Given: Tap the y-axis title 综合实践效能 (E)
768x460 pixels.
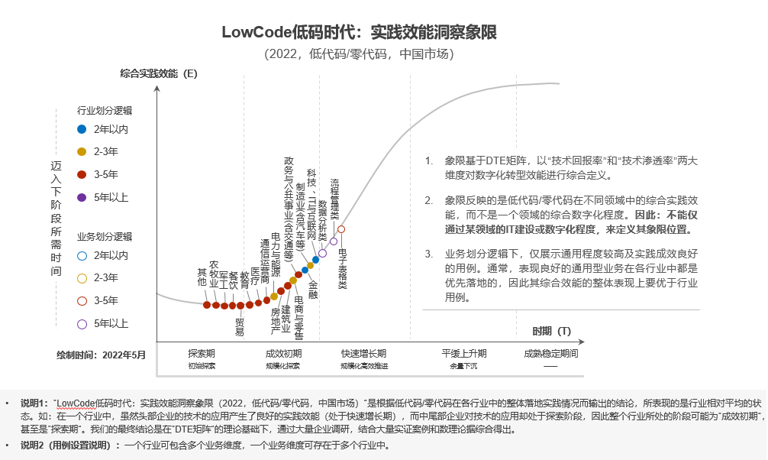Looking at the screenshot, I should click(159, 73).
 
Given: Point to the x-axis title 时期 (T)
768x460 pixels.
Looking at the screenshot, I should click(551, 331).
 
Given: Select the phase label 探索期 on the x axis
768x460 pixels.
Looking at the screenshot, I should click(202, 354).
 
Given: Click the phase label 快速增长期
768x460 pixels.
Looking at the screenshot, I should click(363, 354).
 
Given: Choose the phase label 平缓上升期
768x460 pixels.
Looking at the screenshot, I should click(463, 354).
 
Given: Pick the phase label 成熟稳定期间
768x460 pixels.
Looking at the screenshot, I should click(550, 354).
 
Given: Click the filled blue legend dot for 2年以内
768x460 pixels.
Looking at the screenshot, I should click(82, 129).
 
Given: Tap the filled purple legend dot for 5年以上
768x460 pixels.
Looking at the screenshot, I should click(82, 197).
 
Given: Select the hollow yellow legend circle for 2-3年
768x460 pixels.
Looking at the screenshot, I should click(82, 277).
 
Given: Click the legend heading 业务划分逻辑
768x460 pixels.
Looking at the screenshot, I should click(105, 237).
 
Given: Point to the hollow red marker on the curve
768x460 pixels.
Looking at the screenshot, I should click(341, 228).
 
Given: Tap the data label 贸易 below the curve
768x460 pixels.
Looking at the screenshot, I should click(240, 327).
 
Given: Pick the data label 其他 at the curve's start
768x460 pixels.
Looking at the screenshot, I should click(202, 277).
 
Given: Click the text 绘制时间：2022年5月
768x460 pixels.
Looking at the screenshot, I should click(101, 355).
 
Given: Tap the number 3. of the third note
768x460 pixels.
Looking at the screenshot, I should click(429, 253).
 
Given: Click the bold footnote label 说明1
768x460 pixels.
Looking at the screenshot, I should click(34, 402).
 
